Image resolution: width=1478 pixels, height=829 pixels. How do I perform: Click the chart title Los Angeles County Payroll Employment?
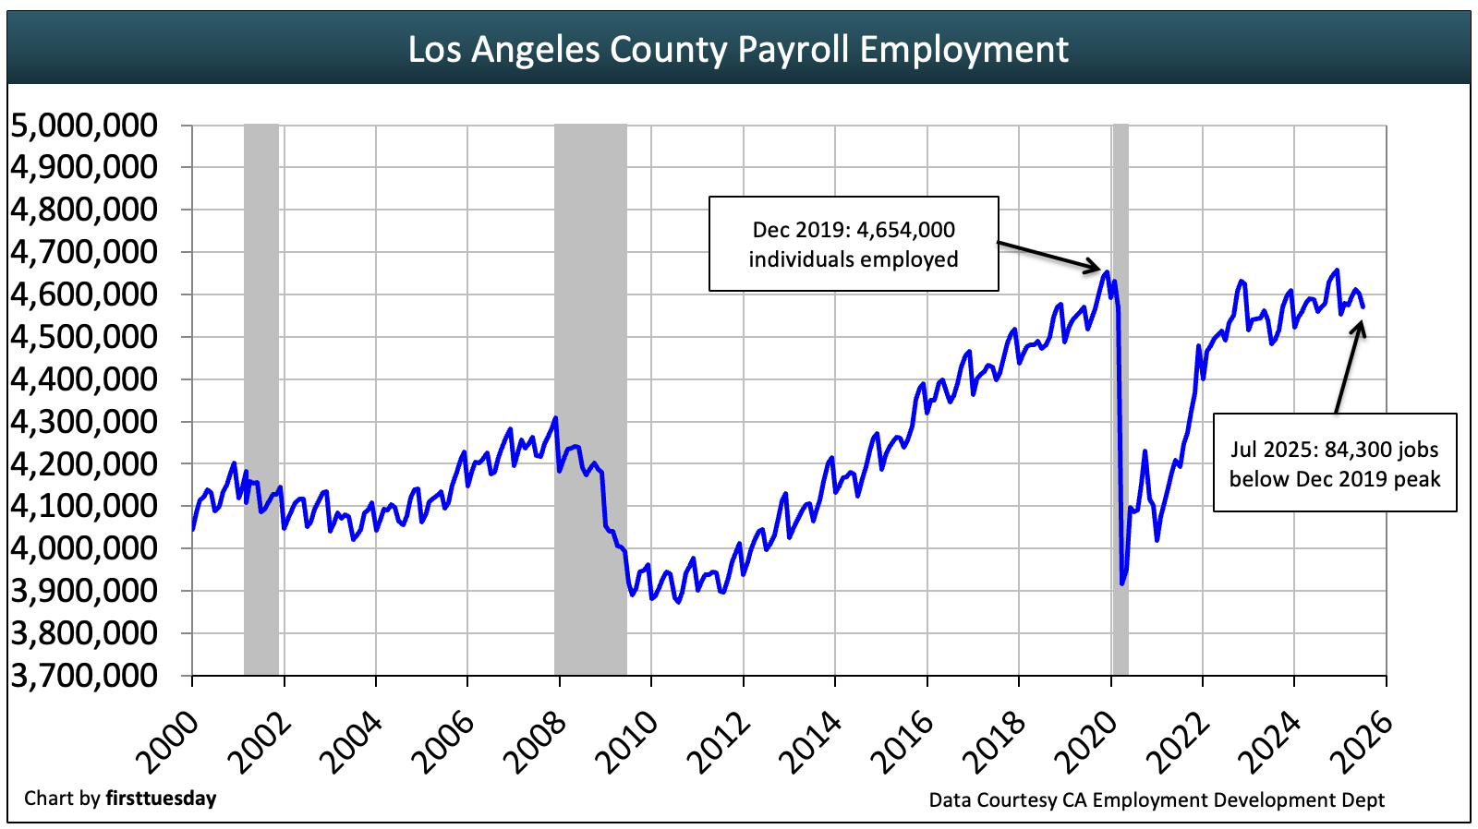(738, 49)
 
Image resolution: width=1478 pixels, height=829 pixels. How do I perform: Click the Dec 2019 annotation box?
(853, 244)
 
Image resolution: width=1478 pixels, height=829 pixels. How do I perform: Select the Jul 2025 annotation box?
(1334, 463)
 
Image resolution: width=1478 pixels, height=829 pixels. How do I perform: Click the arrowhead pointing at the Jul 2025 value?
(1361, 325)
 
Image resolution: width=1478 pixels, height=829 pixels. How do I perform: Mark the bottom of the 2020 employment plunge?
(1122, 583)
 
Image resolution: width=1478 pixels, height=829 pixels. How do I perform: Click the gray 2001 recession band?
(261, 397)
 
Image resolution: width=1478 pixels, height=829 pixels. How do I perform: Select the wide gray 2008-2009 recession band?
(590, 397)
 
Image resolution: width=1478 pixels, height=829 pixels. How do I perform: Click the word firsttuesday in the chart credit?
(161, 798)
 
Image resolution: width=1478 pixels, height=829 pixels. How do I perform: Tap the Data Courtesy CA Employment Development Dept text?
(1157, 799)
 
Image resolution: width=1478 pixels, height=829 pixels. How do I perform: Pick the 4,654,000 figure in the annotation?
(905, 230)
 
